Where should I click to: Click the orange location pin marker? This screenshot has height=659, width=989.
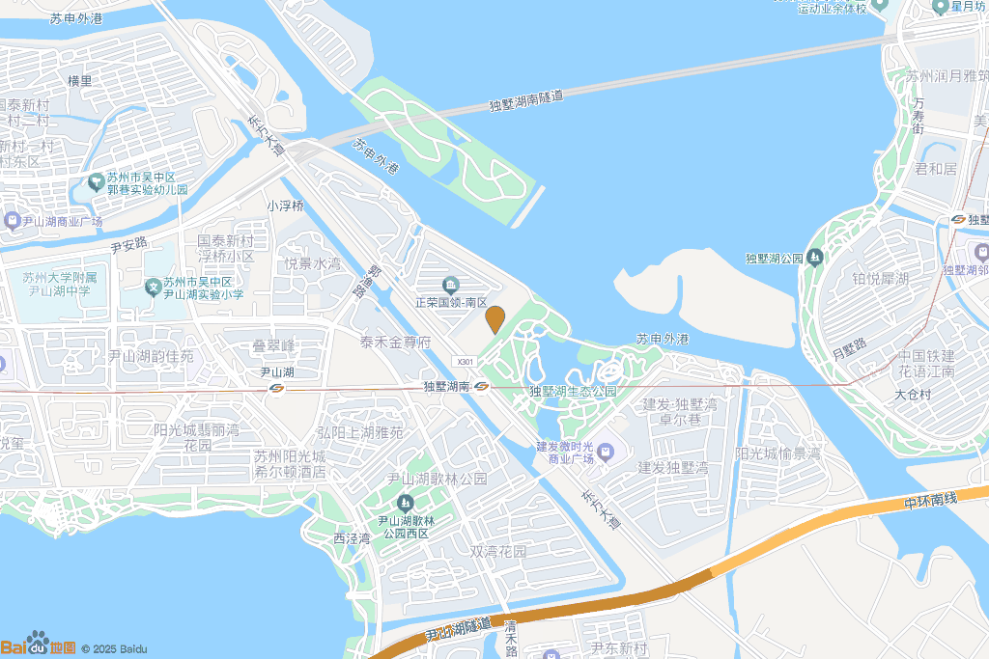495,318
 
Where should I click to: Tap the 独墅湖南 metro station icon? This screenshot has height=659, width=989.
481,386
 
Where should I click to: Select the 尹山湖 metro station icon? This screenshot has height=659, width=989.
277,388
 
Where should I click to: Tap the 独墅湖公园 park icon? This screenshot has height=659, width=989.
815,258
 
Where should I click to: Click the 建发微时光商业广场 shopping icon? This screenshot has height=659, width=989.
606,451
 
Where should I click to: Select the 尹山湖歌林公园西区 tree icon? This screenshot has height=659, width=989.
405,503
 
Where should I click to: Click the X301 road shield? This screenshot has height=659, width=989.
466,361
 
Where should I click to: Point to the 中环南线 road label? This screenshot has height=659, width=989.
930,499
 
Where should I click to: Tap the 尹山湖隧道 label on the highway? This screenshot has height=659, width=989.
458,630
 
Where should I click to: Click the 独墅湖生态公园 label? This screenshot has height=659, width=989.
573,391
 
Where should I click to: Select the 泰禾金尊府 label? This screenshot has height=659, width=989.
395,342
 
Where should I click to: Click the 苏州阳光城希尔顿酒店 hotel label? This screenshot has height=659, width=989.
290,464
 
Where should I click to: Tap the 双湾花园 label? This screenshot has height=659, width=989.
498,552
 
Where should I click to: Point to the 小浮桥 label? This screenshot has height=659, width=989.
286,206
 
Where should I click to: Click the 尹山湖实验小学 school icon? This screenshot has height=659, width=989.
153,287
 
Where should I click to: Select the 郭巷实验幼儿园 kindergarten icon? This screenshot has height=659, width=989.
96,181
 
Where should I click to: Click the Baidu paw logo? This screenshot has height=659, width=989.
37,642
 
